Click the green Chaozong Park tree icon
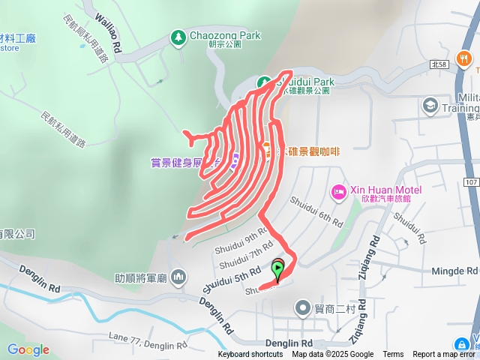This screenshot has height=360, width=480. [x=178, y=37]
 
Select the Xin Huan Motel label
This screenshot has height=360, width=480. [x=385, y=188]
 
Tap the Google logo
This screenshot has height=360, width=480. [x=28, y=349]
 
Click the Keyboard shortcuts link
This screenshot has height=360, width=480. [x=250, y=355]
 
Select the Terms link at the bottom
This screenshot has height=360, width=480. [x=393, y=355]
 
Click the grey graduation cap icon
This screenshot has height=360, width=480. [x=430, y=104]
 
